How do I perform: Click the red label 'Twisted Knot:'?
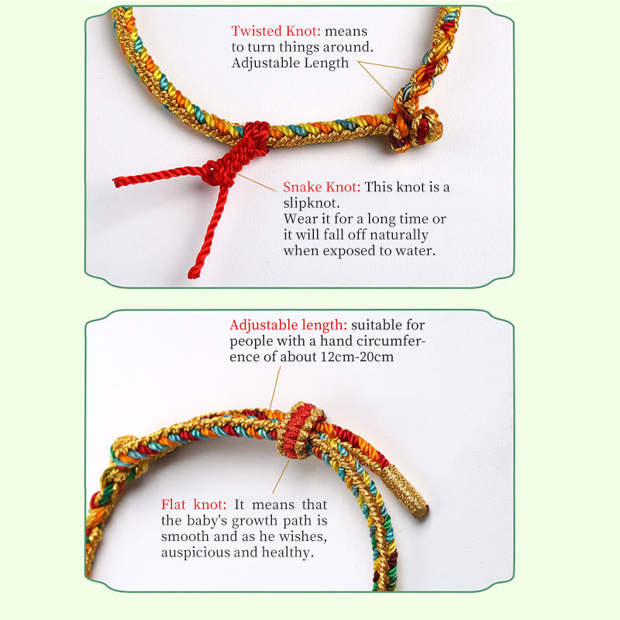click(275, 32)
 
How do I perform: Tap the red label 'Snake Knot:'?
click(322, 187)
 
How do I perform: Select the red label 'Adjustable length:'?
click(288, 325)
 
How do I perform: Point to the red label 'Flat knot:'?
click(194, 504)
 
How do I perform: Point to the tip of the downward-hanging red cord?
click(193, 274)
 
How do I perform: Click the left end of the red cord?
click(116, 183)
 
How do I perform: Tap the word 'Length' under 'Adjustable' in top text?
click(326, 63)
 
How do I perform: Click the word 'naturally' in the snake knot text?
click(400, 235)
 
